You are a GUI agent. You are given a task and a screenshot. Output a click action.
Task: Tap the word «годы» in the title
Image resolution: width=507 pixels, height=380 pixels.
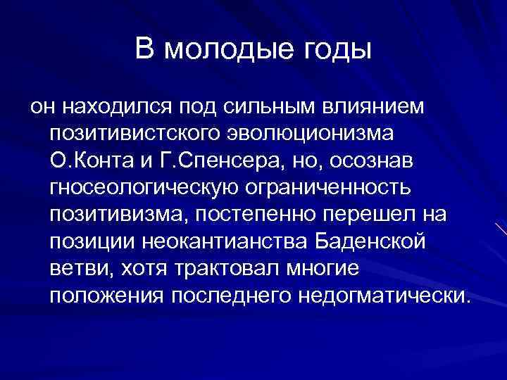click(x=334, y=50)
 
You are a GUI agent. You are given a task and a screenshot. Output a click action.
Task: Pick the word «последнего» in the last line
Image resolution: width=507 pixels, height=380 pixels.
click(x=232, y=294)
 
